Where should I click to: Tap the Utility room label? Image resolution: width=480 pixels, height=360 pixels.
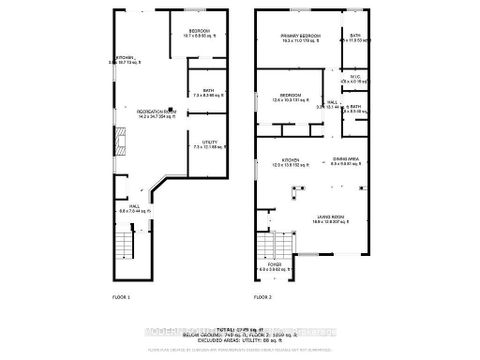click(x=209, y=145)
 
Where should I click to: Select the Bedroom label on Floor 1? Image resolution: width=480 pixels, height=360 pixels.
click(x=199, y=35)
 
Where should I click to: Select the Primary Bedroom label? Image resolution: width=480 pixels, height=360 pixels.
click(x=299, y=38)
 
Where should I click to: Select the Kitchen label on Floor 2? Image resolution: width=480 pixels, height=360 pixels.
click(x=291, y=160)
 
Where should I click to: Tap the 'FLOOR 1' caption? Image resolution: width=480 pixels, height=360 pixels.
click(x=122, y=298)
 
